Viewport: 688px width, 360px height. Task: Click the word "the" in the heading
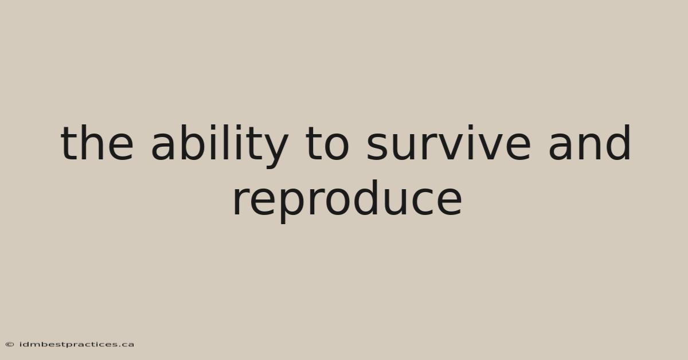point(97,143)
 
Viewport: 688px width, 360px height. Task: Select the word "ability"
point(220,147)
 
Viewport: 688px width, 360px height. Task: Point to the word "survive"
point(448,143)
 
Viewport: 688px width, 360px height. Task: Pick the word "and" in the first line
point(589,143)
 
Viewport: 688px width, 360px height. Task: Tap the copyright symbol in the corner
point(10,345)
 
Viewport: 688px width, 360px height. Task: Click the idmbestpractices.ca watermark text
point(77,345)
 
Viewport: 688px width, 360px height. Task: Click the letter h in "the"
point(89,143)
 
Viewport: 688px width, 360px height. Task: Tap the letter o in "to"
point(337,147)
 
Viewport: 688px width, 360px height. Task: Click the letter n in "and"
point(591,147)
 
